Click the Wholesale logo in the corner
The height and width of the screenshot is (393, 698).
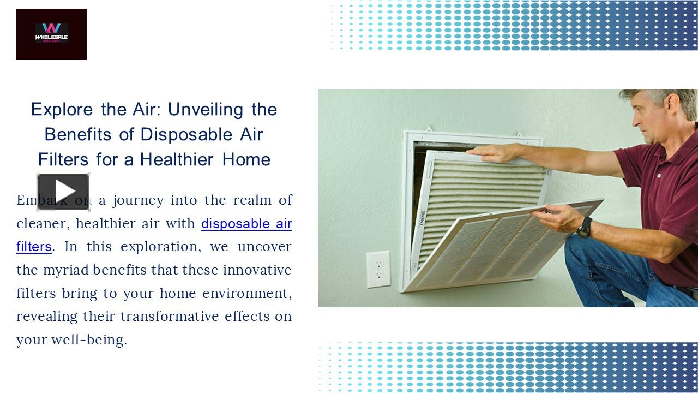tap(51, 34)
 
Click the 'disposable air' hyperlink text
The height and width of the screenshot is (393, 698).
tap(246, 224)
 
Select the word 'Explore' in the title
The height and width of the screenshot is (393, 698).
tap(62, 110)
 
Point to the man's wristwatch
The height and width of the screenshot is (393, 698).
tap(585, 227)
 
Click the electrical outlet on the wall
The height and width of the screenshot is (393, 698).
tap(378, 269)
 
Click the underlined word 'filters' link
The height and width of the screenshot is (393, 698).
tap(34, 247)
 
